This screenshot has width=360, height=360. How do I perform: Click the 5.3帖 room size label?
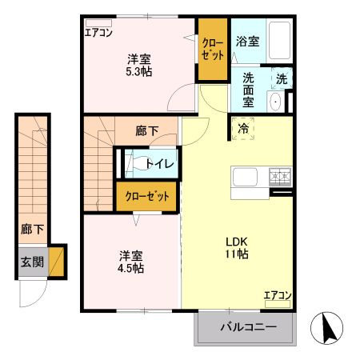[x=138, y=71]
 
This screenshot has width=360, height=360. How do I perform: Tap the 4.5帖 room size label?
[x=132, y=268]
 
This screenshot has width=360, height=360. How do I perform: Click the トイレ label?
[x=158, y=163]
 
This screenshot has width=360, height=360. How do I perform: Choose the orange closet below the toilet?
[x=147, y=196]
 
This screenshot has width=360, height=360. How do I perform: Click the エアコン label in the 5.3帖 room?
[x=99, y=32]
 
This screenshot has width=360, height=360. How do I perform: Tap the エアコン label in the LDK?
[x=278, y=295]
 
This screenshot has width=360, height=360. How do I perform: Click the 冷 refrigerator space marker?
[x=242, y=127]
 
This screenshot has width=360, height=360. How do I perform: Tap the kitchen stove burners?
[x=281, y=174]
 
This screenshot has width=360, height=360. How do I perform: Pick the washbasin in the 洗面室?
[x=275, y=102]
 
